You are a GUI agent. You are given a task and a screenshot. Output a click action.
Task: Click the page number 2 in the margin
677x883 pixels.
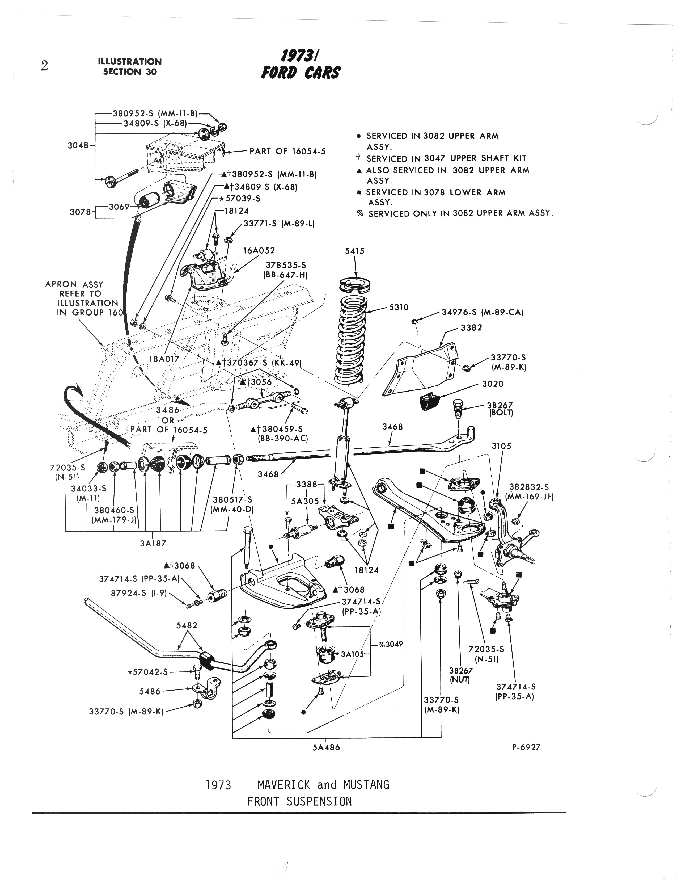point(44,66)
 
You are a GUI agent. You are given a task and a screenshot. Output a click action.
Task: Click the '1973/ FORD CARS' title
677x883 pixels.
point(301,66)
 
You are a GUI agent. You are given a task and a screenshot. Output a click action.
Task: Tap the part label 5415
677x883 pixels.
point(355,251)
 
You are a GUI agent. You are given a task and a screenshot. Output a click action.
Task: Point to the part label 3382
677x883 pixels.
point(471,327)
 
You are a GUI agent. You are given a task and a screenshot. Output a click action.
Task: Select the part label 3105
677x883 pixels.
point(501,446)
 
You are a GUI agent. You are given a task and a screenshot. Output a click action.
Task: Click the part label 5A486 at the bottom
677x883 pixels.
point(326,747)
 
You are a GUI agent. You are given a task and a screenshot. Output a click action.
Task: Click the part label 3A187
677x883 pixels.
point(153,543)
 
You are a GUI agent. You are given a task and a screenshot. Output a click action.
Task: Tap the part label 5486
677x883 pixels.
point(150,691)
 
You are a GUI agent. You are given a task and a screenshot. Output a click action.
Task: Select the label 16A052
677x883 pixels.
point(259,250)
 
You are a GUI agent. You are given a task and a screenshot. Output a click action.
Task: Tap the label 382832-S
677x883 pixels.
point(529,487)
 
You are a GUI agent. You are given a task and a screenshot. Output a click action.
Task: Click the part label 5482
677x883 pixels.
point(187,625)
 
